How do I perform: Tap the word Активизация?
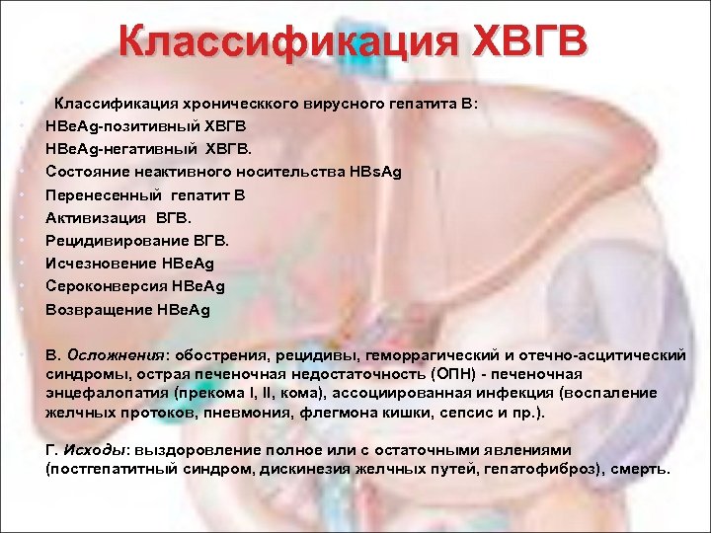point(93,218)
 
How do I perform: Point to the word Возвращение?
point(98,310)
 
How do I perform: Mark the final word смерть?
point(639,470)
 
